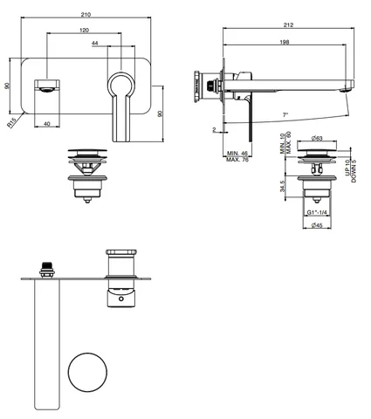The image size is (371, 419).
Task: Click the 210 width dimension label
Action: (86, 14)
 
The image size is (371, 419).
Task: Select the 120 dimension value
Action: (84, 30)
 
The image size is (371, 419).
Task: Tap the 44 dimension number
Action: (95, 43)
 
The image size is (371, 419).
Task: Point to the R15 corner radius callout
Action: (11, 123)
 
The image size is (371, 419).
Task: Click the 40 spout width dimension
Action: (47, 124)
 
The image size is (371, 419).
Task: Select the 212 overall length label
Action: (288, 25)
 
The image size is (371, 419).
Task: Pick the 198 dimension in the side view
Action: (285, 42)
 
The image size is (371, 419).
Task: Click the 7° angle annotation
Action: (285, 114)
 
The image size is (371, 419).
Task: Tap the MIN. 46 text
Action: (237, 153)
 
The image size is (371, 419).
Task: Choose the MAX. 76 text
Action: (237, 160)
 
